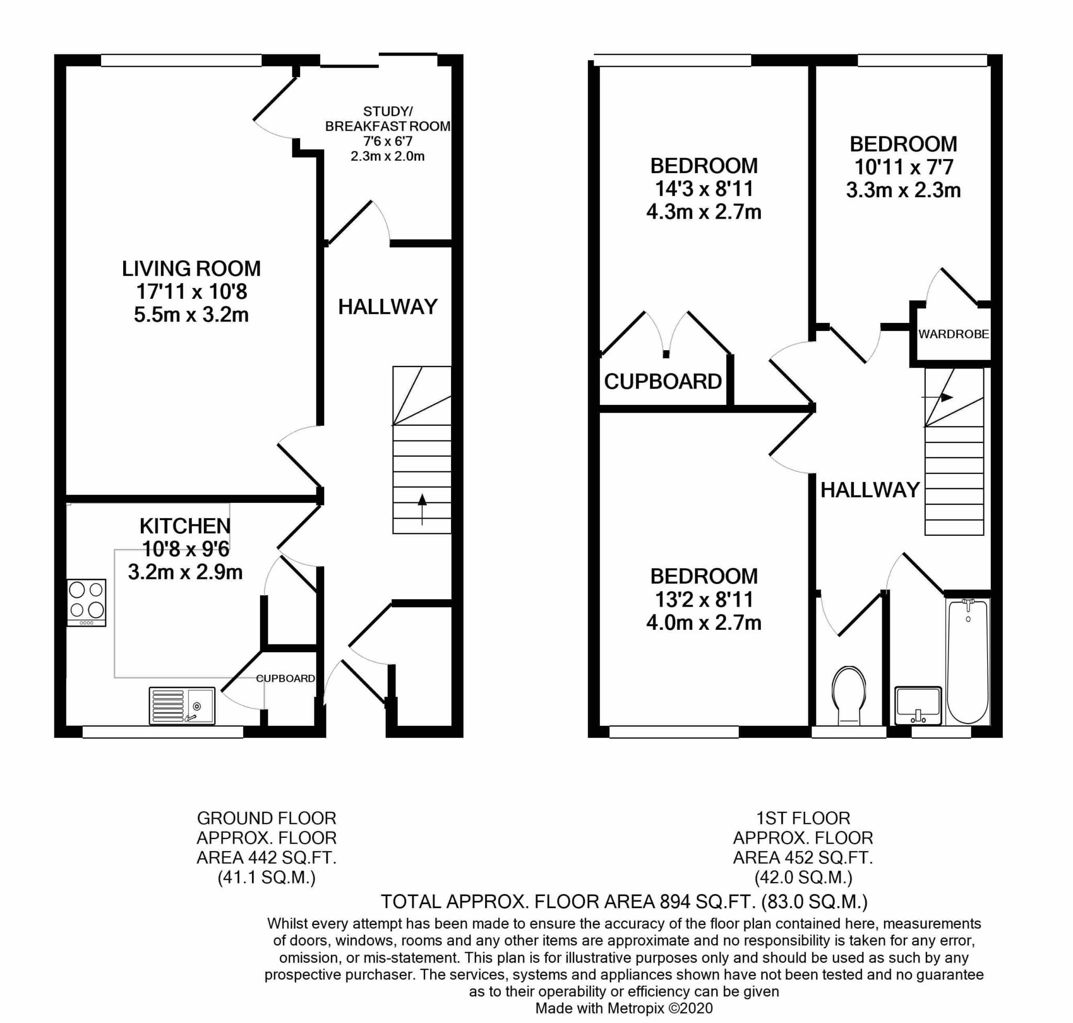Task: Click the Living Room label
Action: pos(191,268)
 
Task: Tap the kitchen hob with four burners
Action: pos(86,602)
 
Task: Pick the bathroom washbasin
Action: pos(918,706)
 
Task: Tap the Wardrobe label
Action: pos(953,335)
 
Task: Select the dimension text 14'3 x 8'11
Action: pos(704,189)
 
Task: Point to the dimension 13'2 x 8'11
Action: pos(704,599)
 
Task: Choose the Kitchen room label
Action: pos(185,526)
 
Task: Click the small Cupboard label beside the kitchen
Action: pos(286,679)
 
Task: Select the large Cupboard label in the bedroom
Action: pos(663,382)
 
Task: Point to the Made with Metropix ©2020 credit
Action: pos(624,1008)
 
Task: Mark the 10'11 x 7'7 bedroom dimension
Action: pos(904,167)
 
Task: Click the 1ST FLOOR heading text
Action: pos(803,818)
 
